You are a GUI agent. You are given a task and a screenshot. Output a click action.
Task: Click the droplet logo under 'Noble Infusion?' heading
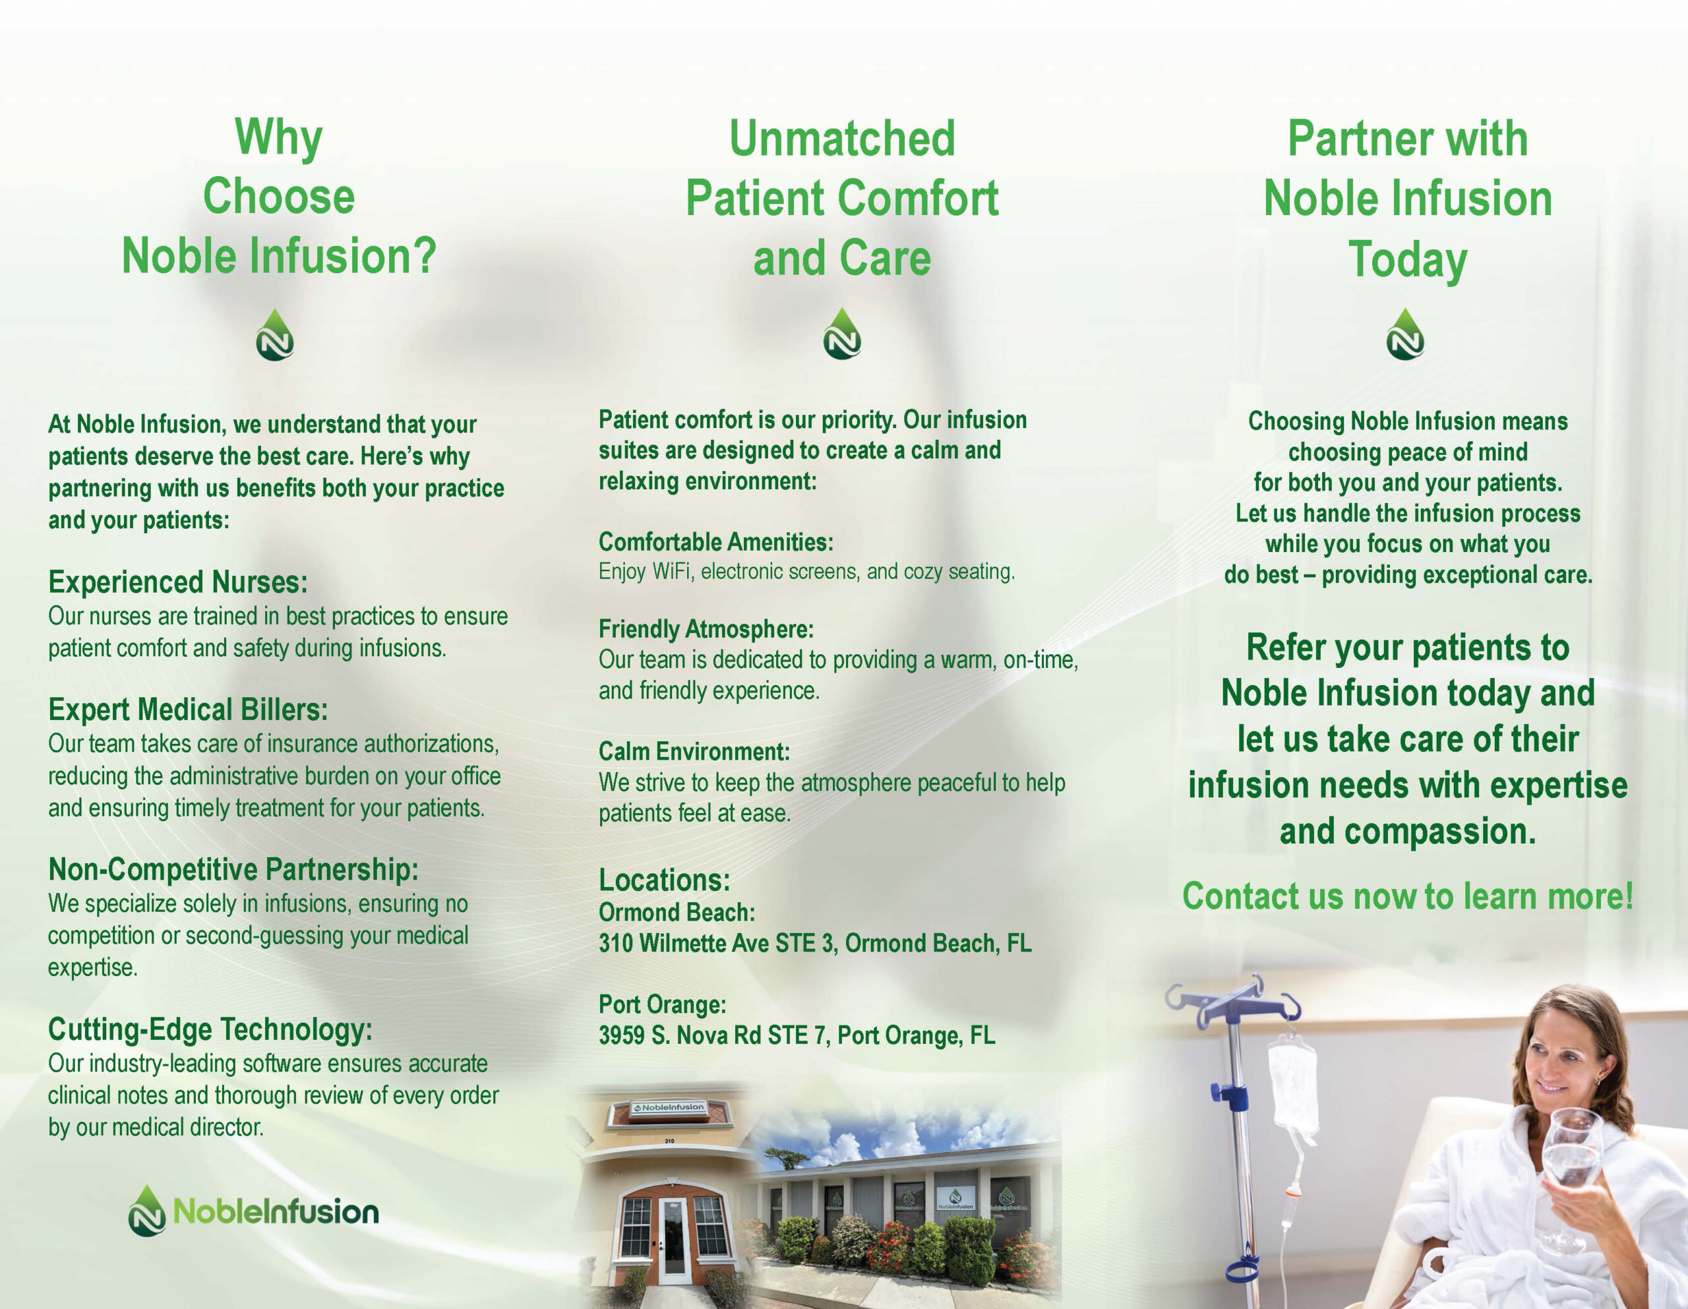[x=275, y=336]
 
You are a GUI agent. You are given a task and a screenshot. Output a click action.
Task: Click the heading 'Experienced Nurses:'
[x=178, y=582]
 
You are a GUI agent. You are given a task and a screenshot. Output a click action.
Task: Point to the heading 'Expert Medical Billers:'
[x=188, y=710]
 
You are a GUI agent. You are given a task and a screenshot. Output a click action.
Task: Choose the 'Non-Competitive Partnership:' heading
[x=233, y=869]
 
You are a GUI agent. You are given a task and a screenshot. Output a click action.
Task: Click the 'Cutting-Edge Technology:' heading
[x=210, y=1029]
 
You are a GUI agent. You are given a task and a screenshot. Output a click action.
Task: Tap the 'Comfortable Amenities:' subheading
[x=715, y=542]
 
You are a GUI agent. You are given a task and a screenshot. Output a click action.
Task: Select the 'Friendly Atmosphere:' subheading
[x=706, y=629]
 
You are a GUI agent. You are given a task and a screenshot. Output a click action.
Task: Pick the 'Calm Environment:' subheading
[x=694, y=752]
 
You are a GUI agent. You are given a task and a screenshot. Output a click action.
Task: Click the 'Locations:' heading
[x=664, y=880]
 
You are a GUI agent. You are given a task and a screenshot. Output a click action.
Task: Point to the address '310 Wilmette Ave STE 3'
[x=717, y=943]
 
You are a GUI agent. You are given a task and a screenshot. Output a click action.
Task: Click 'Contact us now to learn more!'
[x=1408, y=897]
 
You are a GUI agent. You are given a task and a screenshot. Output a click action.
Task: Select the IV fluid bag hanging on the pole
[x=1293, y=1086]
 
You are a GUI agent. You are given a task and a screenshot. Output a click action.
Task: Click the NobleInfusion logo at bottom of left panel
[x=253, y=1211]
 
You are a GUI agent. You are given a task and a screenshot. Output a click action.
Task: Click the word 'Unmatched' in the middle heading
[x=843, y=138]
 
